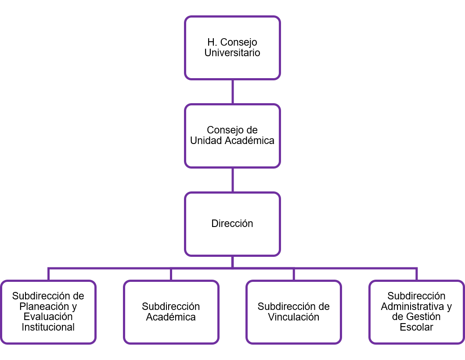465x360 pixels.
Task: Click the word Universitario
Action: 232,53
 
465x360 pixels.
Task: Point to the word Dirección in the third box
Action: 232,223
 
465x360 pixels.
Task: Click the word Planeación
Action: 44,306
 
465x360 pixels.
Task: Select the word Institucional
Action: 48,327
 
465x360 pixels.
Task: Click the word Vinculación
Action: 294,317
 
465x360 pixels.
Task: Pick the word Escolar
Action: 417,328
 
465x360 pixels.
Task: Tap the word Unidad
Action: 206,141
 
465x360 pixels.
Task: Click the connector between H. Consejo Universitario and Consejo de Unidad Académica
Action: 233,92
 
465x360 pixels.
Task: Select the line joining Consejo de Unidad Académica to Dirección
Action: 233,180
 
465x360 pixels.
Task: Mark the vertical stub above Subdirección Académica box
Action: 171,274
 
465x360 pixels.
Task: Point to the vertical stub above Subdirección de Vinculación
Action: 294,274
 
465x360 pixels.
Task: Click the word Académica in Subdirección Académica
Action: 171,317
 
